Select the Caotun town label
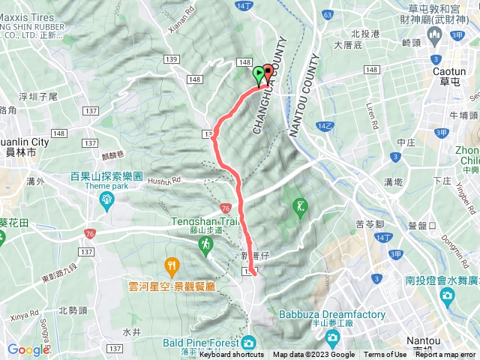(451, 70)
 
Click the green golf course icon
(301, 205)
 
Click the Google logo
(28, 349)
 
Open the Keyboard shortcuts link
(232, 355)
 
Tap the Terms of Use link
(385, 355)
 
